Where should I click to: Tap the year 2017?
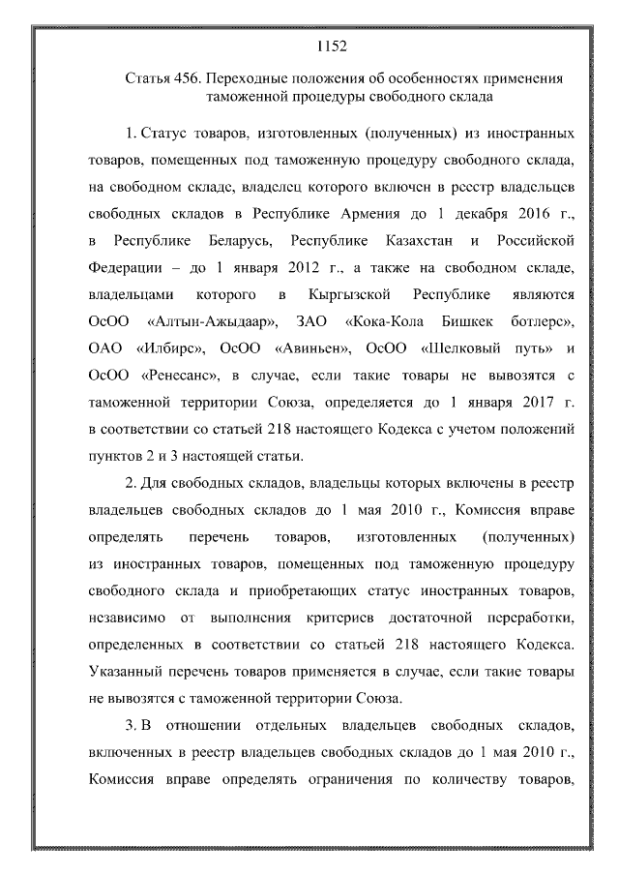pos(530,400)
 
